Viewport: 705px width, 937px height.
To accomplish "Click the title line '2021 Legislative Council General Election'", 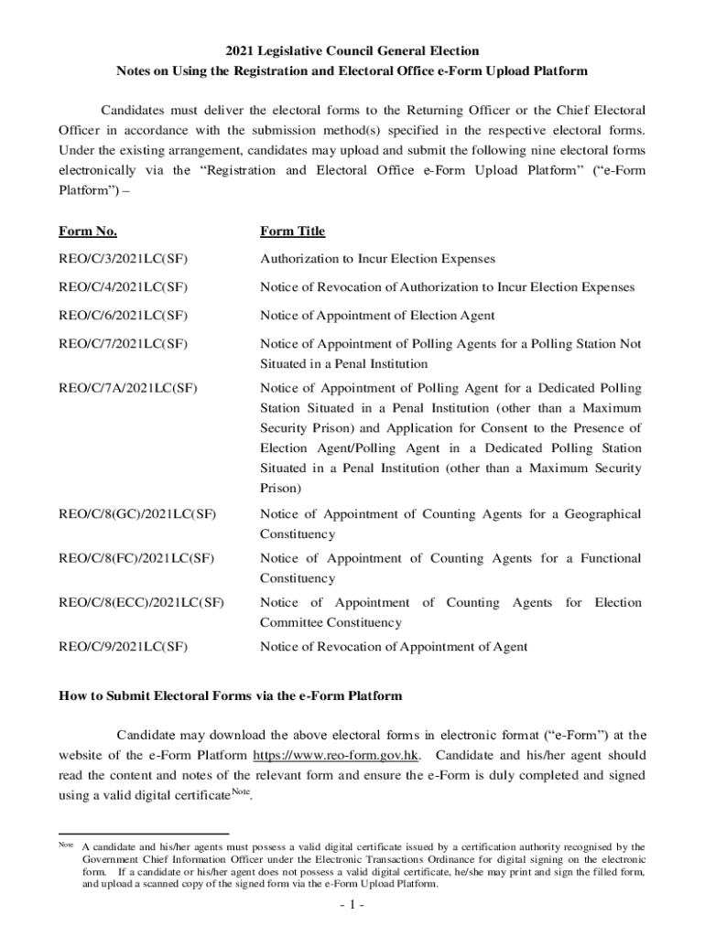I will (352, 50).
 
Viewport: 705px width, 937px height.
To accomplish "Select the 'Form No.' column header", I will (87, 232).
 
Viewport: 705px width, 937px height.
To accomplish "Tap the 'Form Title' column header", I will (292, 232).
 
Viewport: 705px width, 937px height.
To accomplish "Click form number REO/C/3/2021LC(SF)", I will (124, 260).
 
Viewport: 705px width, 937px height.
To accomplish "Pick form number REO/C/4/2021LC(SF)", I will (124, 287).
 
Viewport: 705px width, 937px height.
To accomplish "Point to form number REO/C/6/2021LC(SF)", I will (124, 316).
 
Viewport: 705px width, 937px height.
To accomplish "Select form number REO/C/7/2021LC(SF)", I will (124, 344).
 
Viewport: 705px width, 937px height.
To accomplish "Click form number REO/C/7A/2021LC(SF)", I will (127, 389).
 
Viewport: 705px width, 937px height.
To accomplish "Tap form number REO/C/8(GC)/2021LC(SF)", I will (137, 514).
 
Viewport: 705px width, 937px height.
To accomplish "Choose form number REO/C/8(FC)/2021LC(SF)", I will (136, 558).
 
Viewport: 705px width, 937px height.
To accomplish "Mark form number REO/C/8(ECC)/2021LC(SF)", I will (141, 603).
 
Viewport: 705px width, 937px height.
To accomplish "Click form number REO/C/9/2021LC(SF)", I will (124, 647).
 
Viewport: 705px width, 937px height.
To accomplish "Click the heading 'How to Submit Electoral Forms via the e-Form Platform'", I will (230, 696).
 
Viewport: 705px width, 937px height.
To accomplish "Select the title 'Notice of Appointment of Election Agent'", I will (377, 316).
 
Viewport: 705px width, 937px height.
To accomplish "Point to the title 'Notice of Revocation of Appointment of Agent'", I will (394, 647).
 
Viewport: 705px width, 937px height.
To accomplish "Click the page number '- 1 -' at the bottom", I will (352, 906).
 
